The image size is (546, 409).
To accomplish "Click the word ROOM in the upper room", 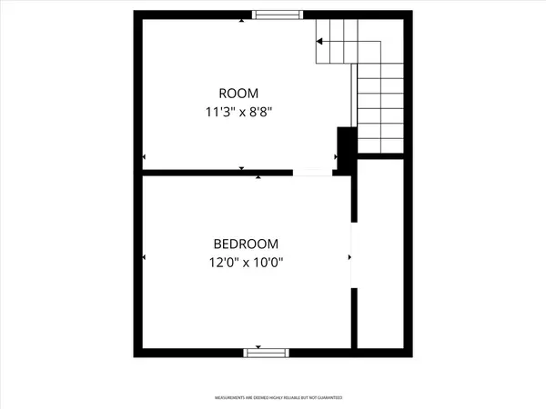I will (238, 94).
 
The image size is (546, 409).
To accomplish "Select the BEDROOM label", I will (246, 244).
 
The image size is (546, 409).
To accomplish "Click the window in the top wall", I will (278, 14).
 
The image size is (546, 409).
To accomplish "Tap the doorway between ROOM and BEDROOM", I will (312, 172).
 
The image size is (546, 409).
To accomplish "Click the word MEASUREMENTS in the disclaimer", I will (232, 398).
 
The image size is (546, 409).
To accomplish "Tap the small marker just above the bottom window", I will (259, 345).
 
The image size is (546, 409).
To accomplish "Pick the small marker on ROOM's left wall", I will (144, 158).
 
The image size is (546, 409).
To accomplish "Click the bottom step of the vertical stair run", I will (380, 145).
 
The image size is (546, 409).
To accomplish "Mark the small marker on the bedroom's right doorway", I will (349, 257).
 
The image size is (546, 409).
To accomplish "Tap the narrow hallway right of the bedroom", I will (380, 254).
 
